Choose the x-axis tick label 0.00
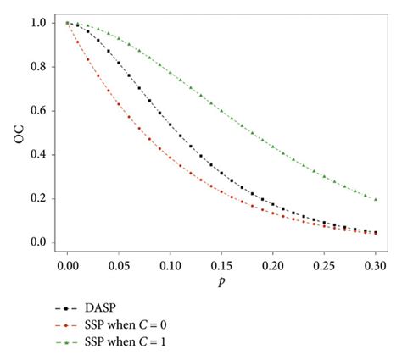67,266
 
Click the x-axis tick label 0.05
119,266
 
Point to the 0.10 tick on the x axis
170,266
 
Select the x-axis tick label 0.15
221,266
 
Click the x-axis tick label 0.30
376,266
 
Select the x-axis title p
221,285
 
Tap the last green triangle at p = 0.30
376,199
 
